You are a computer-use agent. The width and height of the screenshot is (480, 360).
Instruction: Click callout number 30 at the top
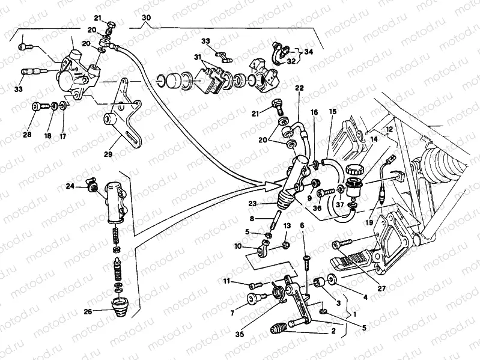pos(146,19)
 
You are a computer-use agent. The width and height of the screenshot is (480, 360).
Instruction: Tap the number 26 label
pos(89,311)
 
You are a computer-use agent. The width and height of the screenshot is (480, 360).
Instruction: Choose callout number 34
pos(308,52)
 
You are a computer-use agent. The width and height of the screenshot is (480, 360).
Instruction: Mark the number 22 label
pos(299,88)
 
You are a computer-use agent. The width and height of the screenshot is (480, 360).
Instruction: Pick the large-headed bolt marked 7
pos(252,299)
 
